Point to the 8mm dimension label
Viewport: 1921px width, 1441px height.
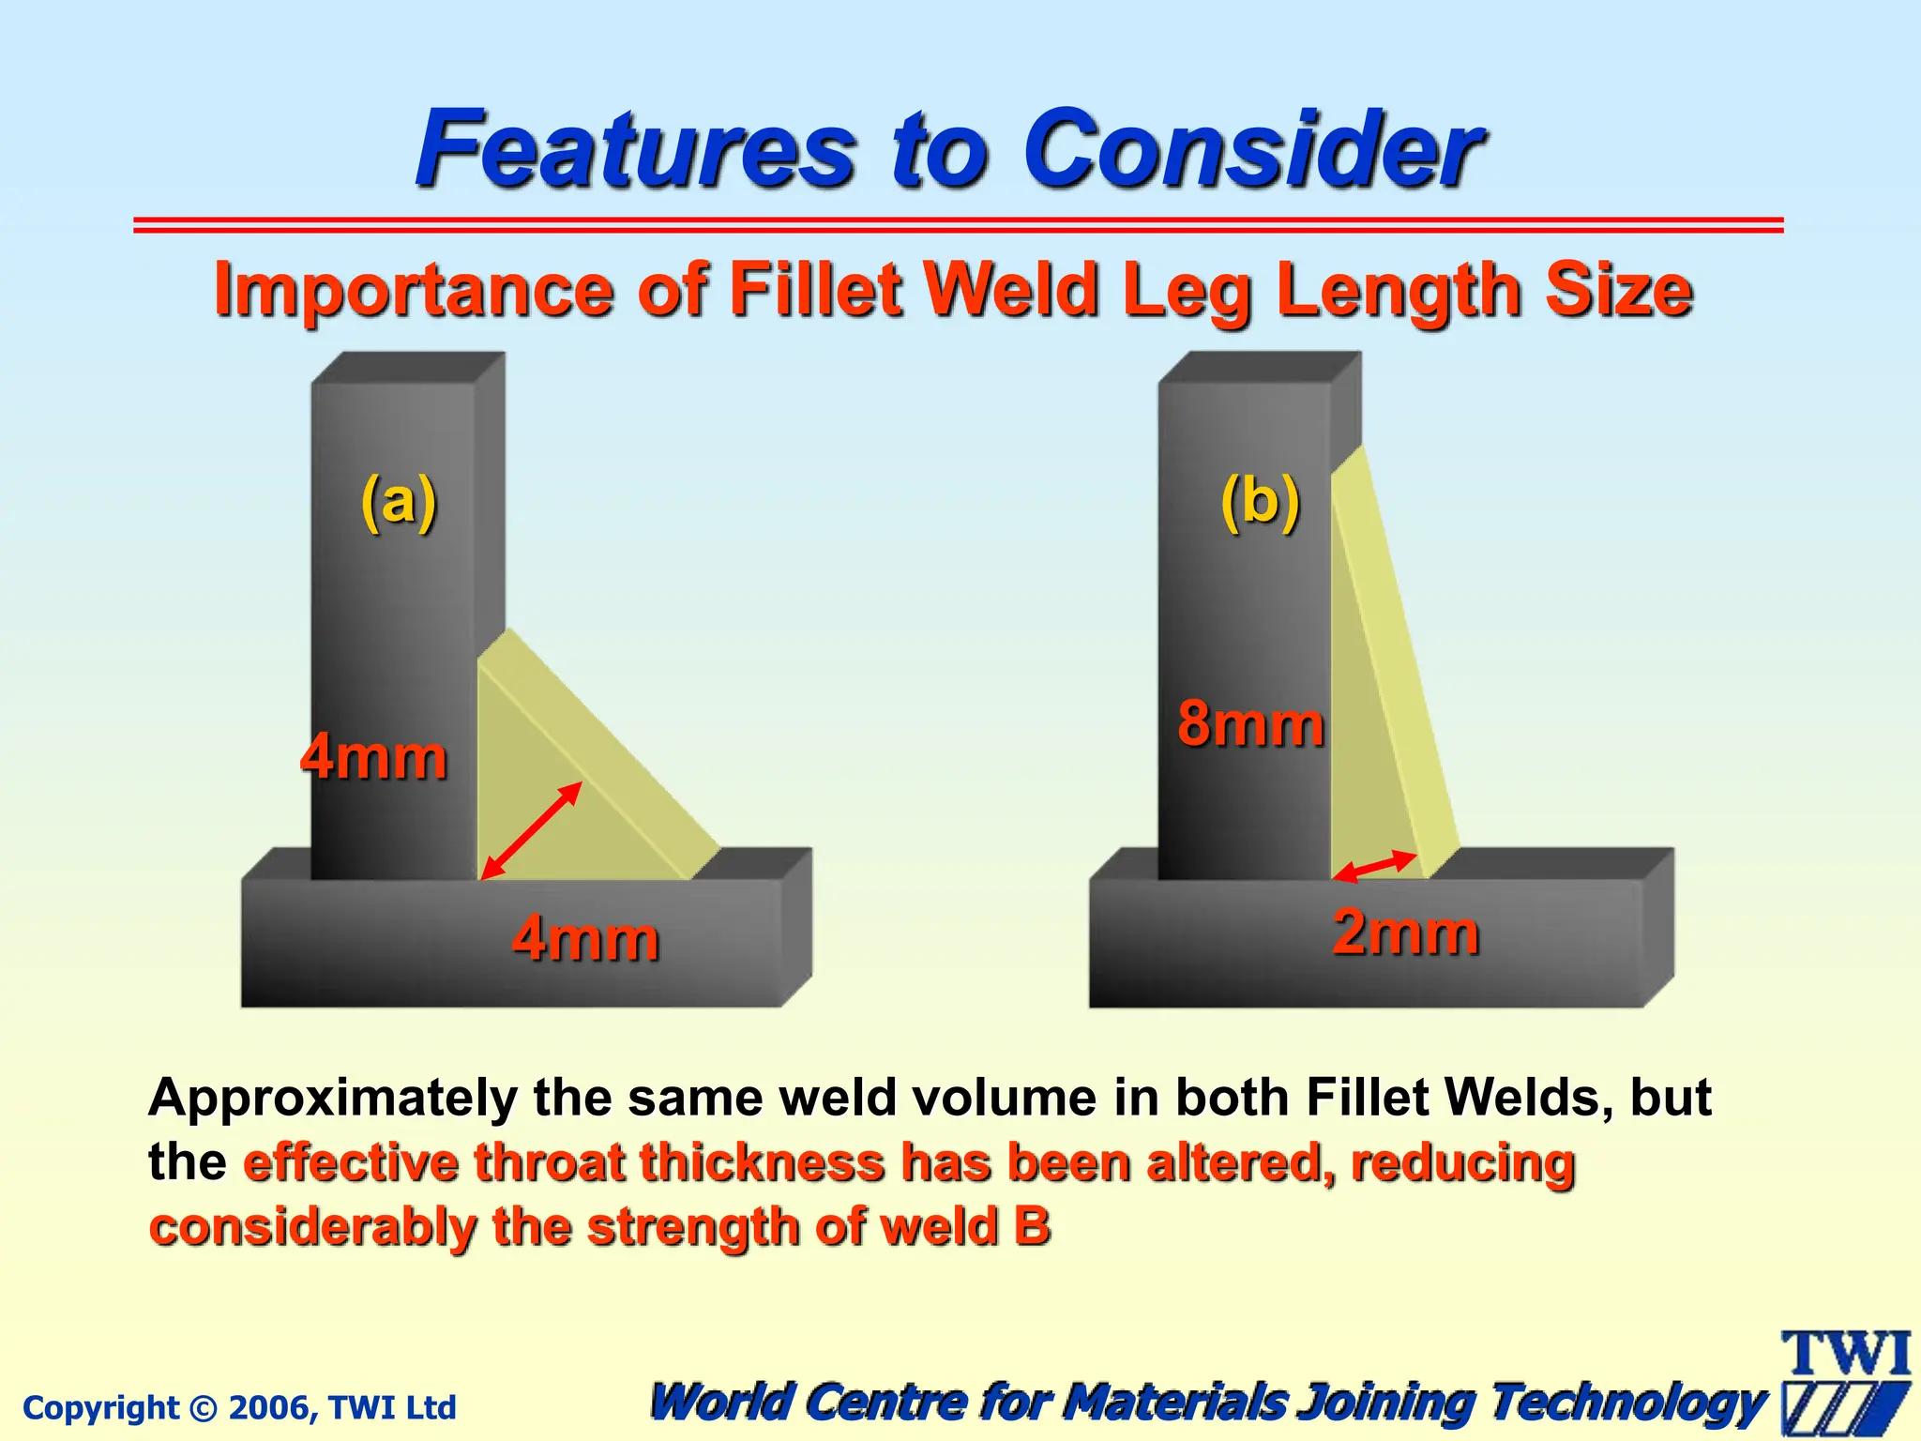click(x=1251, y=724)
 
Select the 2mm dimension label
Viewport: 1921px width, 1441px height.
click(x=1405, y=933)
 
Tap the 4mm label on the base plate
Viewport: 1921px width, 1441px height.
click(x=585, y=938)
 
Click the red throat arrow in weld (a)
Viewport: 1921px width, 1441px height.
click(x=531, y=831)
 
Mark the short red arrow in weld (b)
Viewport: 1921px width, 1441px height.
click(x=1375, y=866)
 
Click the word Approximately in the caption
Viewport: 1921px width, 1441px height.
click(x=332, y=1098)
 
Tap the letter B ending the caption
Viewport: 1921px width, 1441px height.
click(x=1032, y=1227)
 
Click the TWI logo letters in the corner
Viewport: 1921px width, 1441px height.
click(x=1846, y=1354)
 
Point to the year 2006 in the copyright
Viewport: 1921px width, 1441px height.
click(x=265, y=1408)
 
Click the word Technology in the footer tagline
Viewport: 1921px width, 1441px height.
click(x=1628, y=1403)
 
